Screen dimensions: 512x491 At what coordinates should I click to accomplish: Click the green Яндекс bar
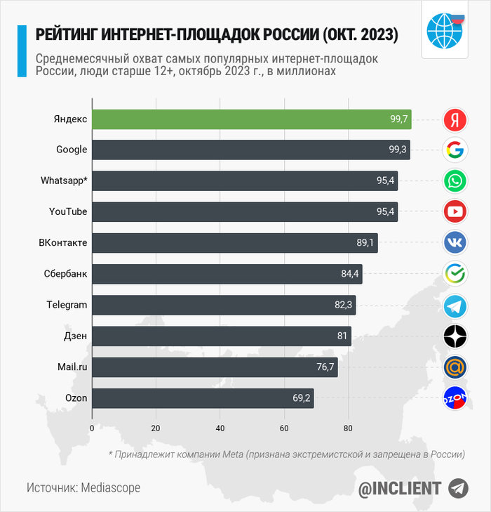coord(251,119)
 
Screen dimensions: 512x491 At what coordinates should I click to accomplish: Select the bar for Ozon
coord(203,398)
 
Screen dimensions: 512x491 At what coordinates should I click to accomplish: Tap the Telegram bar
coord(224,306)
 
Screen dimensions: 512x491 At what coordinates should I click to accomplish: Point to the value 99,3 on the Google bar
coord(398,150)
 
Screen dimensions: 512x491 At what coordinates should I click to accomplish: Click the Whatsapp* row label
coord(64,181)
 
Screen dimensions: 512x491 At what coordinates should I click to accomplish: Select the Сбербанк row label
coord(65,274)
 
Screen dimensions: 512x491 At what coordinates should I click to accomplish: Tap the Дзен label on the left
coord(75,336)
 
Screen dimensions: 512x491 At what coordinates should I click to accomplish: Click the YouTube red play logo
coord(455,211)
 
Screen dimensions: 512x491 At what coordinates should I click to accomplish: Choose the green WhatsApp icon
coord(455,181)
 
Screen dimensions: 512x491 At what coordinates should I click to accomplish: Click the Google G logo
coord(455,150)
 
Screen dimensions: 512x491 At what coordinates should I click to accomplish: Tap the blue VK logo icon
coord(455,243)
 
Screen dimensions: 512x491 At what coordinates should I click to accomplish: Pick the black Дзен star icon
coord(455,336)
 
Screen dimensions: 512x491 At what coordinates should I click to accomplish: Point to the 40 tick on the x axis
coord(220,428)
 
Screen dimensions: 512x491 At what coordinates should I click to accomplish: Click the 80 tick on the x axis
coord(348,428)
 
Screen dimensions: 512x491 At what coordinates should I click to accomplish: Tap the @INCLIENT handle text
coord(400,488)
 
